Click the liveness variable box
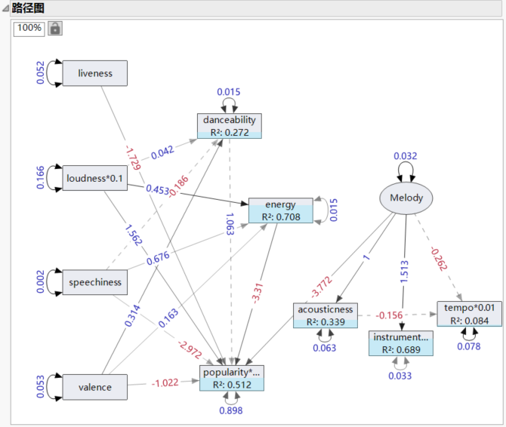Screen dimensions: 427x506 pos(94,73)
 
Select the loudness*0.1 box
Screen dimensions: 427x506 pos(94,178)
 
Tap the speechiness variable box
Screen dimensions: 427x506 pos(94,282)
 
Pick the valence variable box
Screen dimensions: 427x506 pos(94,387)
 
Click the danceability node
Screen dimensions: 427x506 pos(230,125)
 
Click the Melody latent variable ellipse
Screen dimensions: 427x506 pos(406,198)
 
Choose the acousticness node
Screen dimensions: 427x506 pos(324,315)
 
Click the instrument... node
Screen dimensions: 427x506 pos(401,343)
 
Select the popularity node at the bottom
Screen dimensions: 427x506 pos(232,378)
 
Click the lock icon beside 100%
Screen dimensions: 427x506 pos(55,28)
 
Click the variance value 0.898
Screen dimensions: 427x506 pos(231,410)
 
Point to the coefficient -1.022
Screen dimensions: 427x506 pos(165,382)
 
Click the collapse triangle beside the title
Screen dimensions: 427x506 pos(5,8)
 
